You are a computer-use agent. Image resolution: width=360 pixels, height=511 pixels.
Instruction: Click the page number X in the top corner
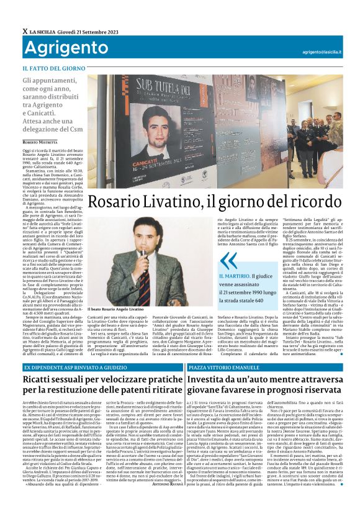pos(24,31)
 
